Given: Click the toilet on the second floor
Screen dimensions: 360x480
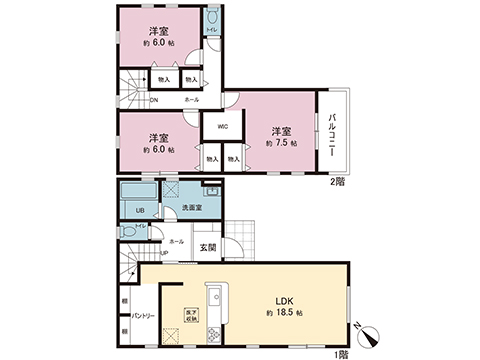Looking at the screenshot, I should (x=212, y=20).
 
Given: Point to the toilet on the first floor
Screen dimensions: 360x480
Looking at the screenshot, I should (x=126, y=230).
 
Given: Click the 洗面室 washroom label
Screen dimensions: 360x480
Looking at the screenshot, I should (x=192, y=207).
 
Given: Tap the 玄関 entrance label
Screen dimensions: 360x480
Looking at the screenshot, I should (x=207, y=247).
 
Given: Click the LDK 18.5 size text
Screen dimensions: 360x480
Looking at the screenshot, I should (x=284, y=309).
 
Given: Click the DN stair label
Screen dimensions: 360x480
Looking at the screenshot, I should (x=154, y=100).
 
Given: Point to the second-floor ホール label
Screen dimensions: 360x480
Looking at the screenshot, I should (x=190, y=100).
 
